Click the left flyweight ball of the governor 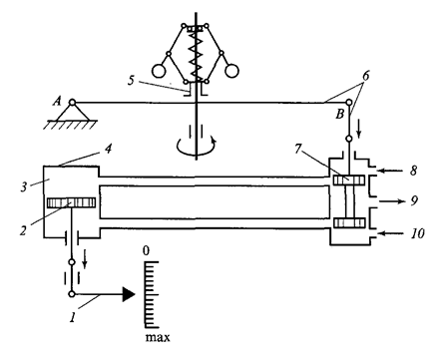159,71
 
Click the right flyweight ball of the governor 231,71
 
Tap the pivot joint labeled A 72,102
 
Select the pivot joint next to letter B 348,102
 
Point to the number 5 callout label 132,80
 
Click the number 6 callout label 366,76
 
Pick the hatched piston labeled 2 71,202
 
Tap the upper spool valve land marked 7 349,180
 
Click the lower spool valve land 349,222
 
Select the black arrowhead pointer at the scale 129,294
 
